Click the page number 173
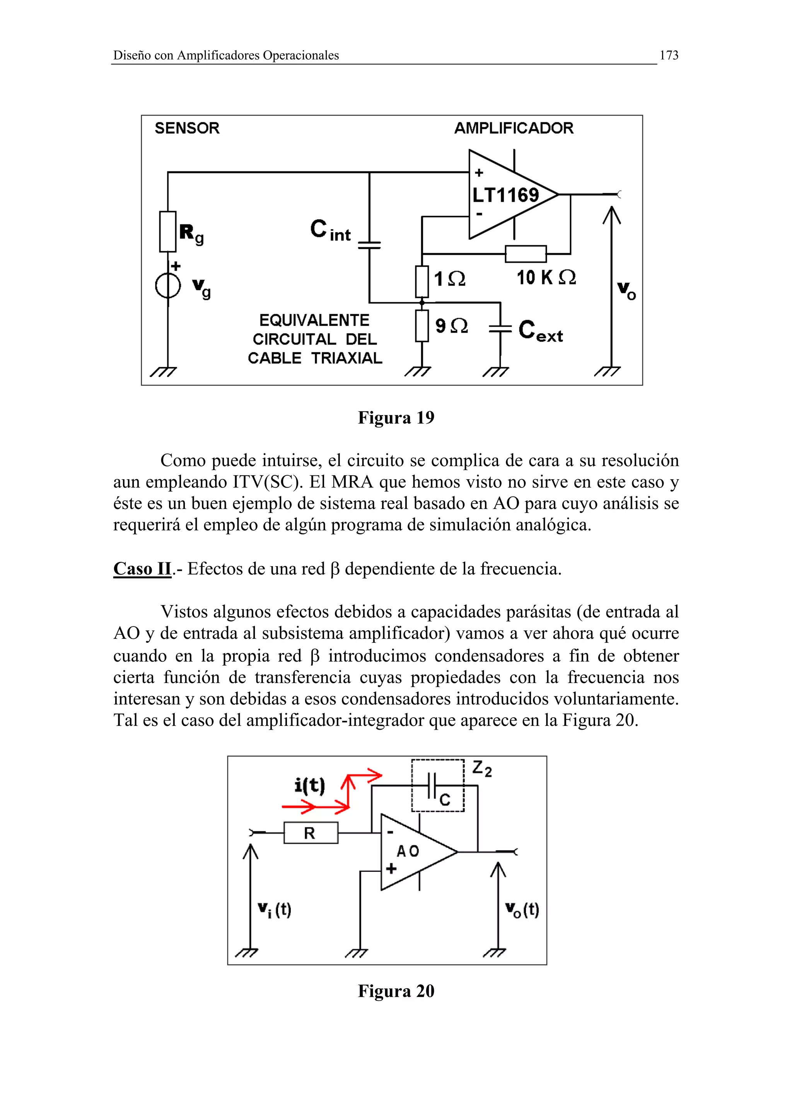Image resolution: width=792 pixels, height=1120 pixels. coord(669,56)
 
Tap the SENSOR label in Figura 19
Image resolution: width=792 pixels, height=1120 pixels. coord(187,128)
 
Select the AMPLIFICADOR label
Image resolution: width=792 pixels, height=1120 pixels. coord(514,128)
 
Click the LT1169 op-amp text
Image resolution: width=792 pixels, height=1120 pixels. coord(505,195)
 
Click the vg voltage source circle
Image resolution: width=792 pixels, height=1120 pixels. coord(168,286)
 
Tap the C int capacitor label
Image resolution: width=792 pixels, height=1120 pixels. coord(330,230)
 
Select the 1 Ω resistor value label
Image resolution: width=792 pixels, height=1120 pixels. coord(449,279)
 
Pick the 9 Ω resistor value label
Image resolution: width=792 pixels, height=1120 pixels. coord(451,326)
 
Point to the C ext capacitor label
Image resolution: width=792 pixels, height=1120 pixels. coord(540,332)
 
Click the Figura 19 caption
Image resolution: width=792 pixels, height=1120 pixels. coord(396,417)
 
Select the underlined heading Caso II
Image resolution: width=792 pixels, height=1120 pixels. coord(142,569)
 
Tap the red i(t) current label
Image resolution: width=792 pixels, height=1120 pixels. coord(309,786)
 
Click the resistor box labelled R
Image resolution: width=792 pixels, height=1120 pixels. coord(311,833)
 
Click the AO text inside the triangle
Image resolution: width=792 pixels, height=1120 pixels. coord(408,851)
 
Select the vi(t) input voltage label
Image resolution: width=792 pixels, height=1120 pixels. coord(274,910)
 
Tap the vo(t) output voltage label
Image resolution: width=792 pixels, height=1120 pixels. coord(522,910)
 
